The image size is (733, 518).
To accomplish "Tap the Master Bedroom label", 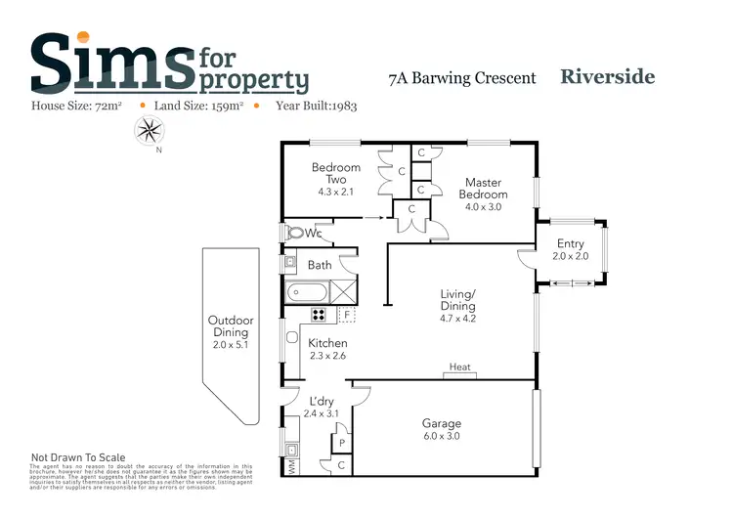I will (x=483, y=188).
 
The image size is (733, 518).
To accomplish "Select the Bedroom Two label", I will (x=336, y=173).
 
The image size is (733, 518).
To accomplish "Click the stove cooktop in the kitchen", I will (x=319, y=315).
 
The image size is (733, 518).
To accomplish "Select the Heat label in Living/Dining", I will (x=459, y=367).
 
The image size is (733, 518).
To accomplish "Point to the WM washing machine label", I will (x=290, y=468).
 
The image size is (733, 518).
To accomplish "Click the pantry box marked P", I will (x=339, y=443).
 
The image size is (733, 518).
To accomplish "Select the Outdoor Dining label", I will (x=231, y=326).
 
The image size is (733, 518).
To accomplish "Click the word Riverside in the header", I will (x=607, y=76).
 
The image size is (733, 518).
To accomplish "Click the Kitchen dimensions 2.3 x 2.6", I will (x=327, y=357).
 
